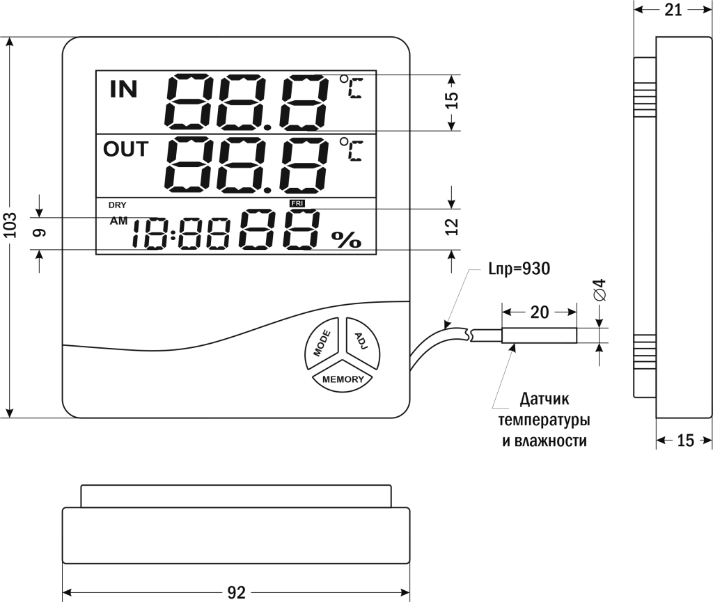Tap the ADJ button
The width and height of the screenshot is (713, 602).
point(361,340)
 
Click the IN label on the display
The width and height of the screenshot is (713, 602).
point(124,88)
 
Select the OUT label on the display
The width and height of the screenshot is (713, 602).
point(125,149)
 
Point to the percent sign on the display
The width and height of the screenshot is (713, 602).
point(346,239)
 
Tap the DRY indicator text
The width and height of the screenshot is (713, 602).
point(117,205)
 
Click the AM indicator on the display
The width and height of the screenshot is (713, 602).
point(119,221)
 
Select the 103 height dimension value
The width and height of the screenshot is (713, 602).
point(10,226)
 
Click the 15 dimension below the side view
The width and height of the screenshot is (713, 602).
point(686,441)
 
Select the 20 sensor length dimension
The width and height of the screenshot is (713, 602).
point(540,312)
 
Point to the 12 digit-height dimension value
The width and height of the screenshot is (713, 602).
point(452,226)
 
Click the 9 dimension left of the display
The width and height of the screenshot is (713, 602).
point(39,232)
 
